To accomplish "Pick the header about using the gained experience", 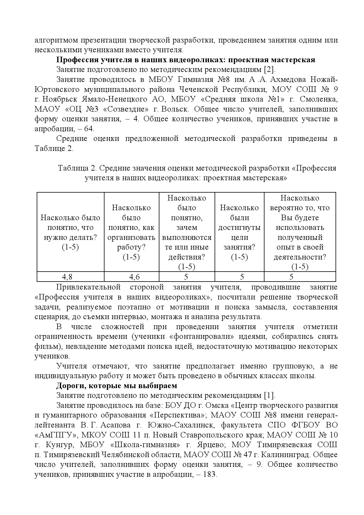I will click(300, 232).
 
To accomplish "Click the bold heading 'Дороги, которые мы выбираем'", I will click(117, 385).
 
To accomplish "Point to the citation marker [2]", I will click(269, 70).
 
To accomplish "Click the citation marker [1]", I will click(269, 395).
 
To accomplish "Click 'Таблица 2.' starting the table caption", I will click(77, 168).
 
